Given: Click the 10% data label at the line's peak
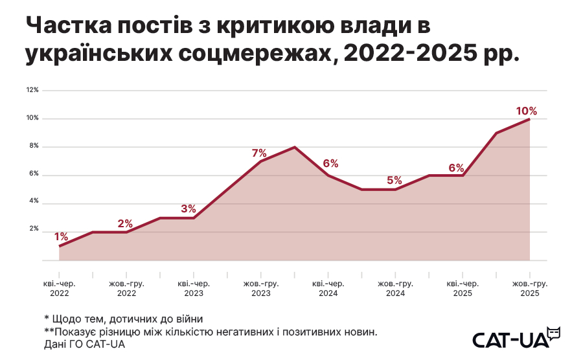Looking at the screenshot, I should (x=526, y=111).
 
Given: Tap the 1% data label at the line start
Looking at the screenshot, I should (x=61, y=237).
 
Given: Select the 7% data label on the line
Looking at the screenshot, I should (x=259, y=153).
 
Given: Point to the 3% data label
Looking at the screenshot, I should (x=189, y=209).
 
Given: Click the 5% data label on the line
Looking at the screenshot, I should (x=394, y=181).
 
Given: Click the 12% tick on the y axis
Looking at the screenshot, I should (x=32, y=89).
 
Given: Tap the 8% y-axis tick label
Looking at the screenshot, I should (x=33, y=146).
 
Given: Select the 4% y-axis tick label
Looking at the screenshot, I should (x=33, y=201).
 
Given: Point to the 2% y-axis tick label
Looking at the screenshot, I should (x=33, y=229).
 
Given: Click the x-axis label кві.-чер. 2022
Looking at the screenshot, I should (x=59, y=288).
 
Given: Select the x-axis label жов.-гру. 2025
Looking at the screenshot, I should (x=529, y=288).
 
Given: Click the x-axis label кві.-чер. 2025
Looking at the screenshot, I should (x=463, y=288).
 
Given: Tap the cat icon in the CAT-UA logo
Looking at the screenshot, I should (x=553, y=333).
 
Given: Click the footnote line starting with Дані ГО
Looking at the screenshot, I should (x=84, y=344).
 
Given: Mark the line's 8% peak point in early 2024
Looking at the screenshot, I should (x=295, y=147).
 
